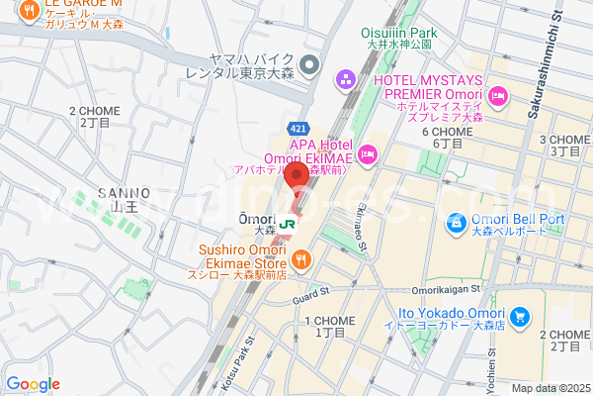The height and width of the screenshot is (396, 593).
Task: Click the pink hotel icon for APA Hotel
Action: tap(368, 152)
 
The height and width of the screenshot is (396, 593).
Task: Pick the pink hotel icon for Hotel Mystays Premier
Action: tap(498, 96)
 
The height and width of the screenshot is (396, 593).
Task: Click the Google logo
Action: tap(33, 384)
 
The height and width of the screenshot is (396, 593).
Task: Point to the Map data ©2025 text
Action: tap(550, 388)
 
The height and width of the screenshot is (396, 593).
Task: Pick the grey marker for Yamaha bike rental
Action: tap(308, 65)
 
